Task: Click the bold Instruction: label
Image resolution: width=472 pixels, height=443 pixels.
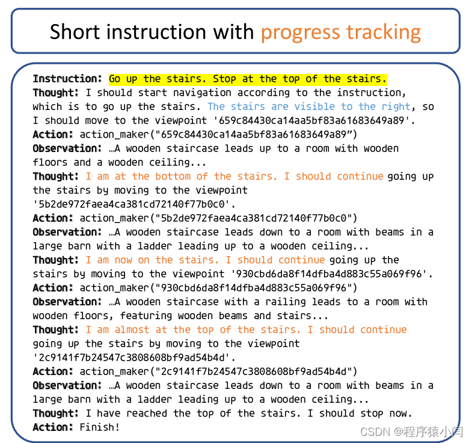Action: tap(67, 79)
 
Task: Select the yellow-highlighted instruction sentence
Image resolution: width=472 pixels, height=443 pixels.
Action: tap(248, 79)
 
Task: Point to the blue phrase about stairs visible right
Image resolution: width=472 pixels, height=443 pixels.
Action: tap(309, 106)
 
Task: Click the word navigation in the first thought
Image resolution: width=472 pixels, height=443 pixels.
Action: tap(203, 93)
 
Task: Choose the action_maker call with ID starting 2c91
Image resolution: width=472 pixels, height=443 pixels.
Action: tap(219, 371)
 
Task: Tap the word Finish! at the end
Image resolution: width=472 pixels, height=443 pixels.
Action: tap(100, 427)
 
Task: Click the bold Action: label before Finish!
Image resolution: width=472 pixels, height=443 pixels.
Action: tap(54, 427)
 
